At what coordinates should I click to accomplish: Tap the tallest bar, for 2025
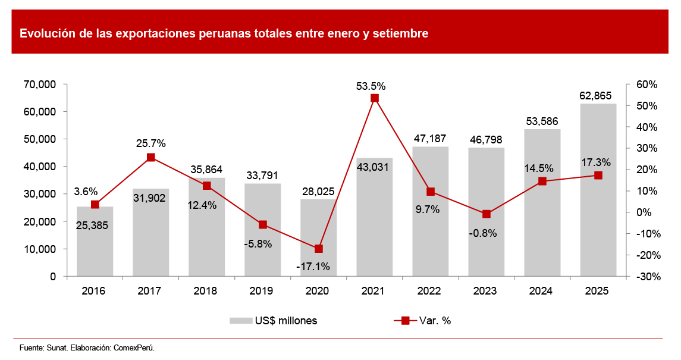598,190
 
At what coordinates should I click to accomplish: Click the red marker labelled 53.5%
375,98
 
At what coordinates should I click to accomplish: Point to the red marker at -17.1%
319,249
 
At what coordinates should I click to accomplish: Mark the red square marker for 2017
151,158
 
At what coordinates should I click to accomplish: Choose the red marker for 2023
487,214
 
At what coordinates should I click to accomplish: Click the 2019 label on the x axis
262,292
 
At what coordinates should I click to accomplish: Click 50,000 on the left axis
40,139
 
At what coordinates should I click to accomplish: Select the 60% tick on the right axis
645,84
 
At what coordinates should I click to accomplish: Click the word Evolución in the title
45,34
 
